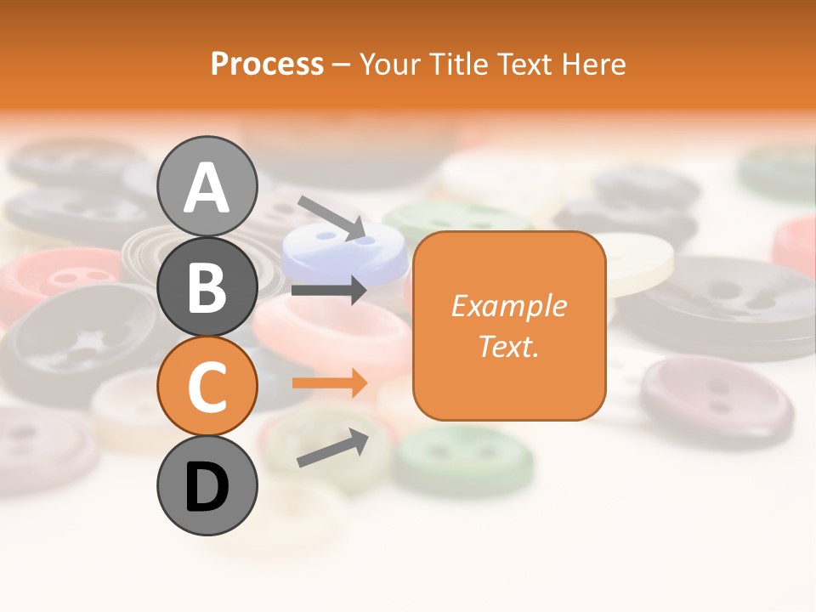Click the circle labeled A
[x=207, y=186]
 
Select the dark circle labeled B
[x=207, y=286]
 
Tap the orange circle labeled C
[x=207, y=387]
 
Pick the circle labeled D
[x=207, y=486]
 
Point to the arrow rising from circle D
[x=332, y=448]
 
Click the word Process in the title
[x=267, y=64]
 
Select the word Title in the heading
[x=456, y=64]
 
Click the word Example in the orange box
[x=508, y=306]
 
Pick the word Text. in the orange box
[x=508, y=346]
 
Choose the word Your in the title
[x=391, y=64]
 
